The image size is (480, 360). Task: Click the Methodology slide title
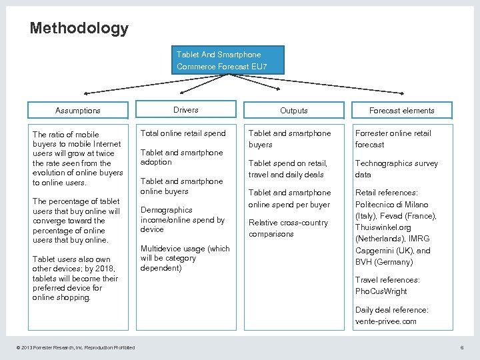click(x=79, y=29)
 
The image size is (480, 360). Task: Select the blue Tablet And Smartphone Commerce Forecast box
click(x=230, y=60)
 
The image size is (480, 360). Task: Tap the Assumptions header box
click(x=78, y=111)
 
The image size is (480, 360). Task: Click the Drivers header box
click(x=186, y=110)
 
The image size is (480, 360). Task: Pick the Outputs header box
click(x=294, y=111)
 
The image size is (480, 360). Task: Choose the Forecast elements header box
click(x=402, y=111)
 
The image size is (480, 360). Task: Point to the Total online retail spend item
click(x=183, y=133)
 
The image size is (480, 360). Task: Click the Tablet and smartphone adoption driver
click(x=182, y=157)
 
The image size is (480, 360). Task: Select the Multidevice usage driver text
click(x=185, y=258)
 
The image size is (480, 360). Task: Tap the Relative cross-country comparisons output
click(x=288, y=228)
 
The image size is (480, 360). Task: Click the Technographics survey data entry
click(x=396, y=169)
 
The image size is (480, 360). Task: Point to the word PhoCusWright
click(x=381, y=291)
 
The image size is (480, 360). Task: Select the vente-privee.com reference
click(x=386, y=321)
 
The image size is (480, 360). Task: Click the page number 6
click(x=462, y=347)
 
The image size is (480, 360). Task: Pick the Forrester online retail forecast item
click(x=393, y=139)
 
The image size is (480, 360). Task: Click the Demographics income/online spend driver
click(x=183, y=219)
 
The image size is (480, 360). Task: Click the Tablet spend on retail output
click(x=288, y=169)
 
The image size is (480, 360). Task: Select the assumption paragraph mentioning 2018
click(x=75, y=278)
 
